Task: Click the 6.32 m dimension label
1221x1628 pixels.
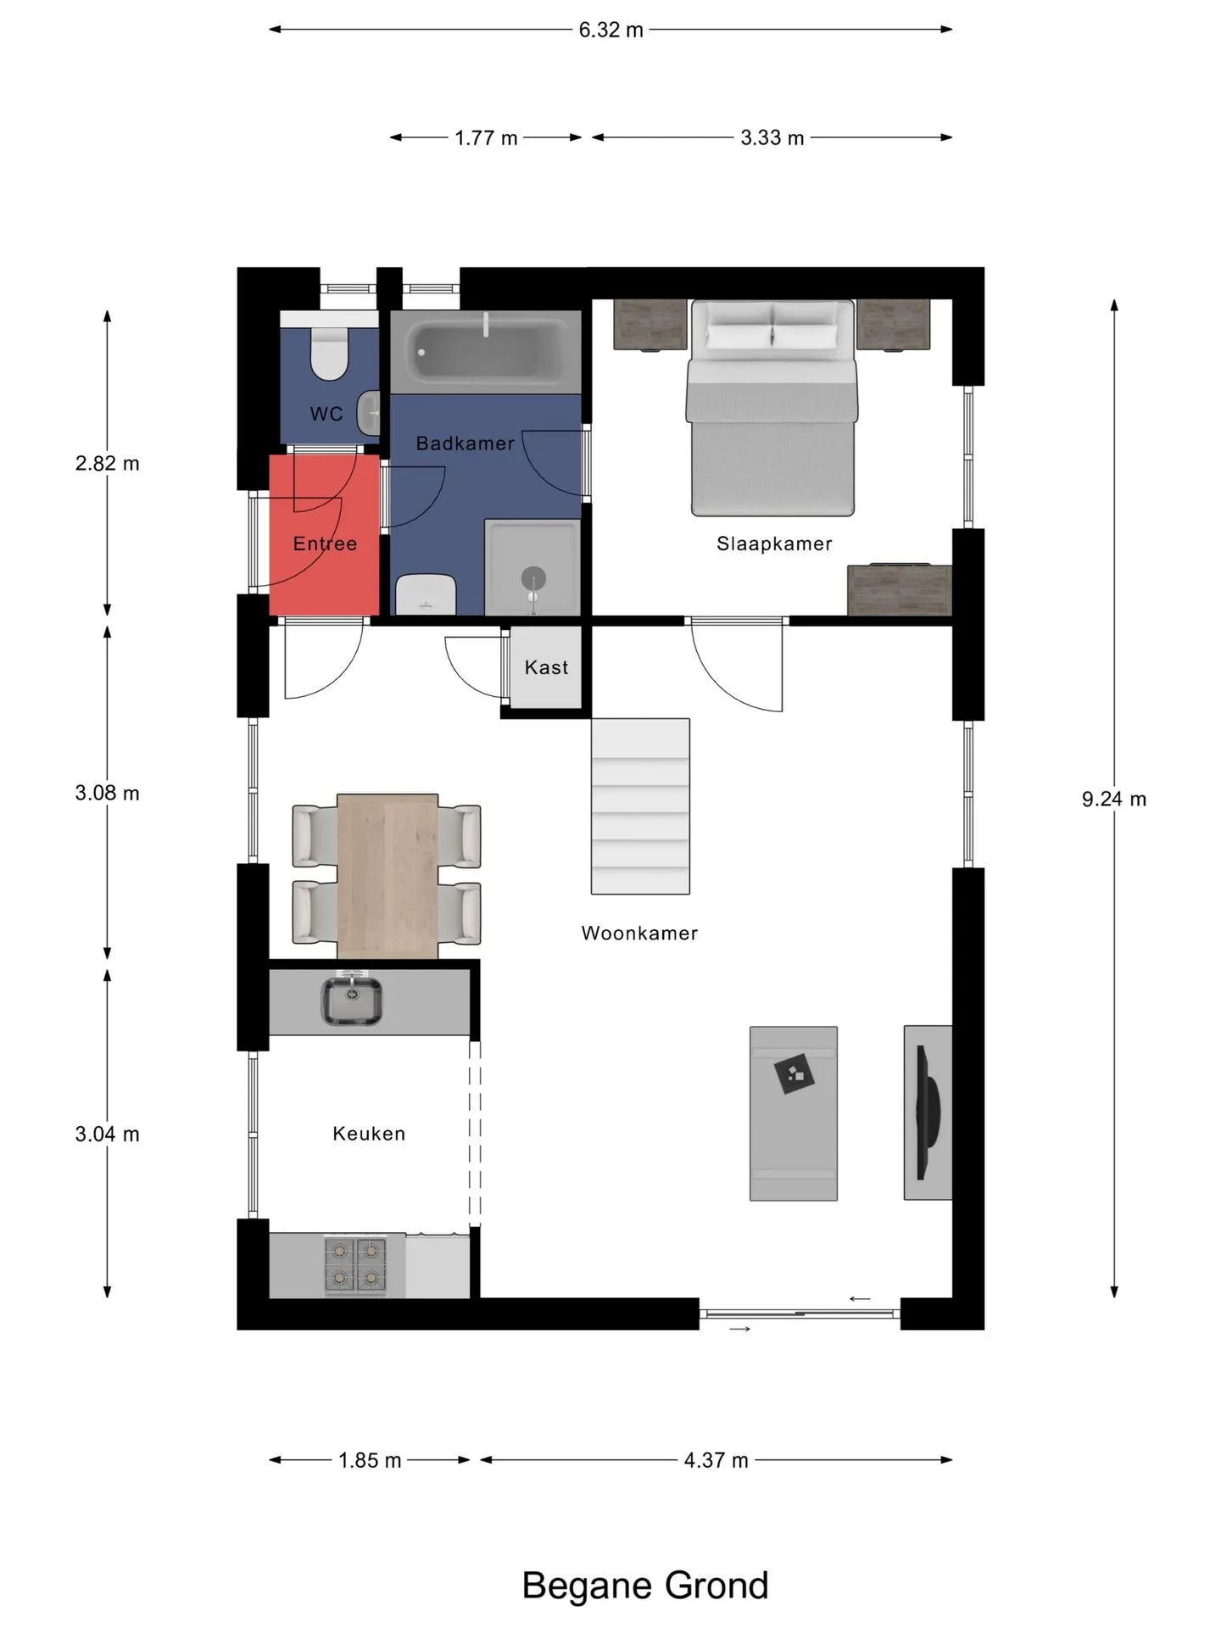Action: click(x=610, y=30)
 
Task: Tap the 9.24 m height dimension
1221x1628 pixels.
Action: click(x=1113, y=799)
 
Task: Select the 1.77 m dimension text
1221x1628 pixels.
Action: click(x=486, y=137)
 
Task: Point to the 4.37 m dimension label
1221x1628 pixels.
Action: click(x=716, y=1460)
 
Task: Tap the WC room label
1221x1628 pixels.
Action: click(x=326, y=414)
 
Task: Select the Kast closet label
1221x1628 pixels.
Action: click(x=546, y=667)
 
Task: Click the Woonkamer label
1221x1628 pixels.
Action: click(x=639, y=933)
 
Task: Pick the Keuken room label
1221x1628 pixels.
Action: click(x=369, y=1134)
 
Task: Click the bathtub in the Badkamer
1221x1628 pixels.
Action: click(x=486, y=351)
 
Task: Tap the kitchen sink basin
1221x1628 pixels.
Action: click(x=351, y=1001)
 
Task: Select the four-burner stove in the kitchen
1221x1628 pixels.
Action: click(x=355, y=1265)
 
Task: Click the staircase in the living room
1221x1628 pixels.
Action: click(x=640, y=806)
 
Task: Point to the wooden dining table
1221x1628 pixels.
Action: click(x=387, y=877)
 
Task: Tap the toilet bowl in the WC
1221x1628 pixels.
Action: click(x=329, y=354)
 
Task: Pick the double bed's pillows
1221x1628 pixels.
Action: click(x=772, y=337)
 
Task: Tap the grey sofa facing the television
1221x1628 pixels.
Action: click(x=794, y=1113)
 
